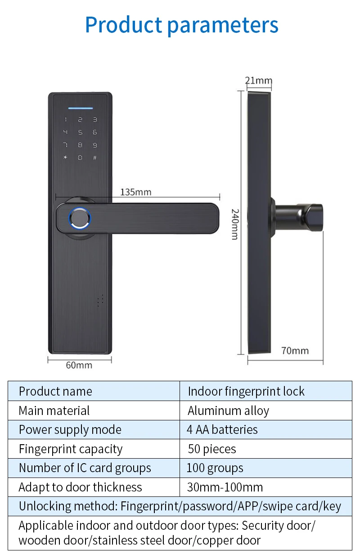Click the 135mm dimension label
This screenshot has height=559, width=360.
135,192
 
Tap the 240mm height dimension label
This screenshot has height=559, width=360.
235,224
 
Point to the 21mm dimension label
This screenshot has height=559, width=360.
259,81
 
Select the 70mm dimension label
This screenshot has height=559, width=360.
295,351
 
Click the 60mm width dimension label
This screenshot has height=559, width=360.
79,365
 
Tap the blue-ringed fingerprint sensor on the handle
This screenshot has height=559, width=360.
80,218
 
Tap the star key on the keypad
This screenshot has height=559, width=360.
65,158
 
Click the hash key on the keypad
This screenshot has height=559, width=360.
95,158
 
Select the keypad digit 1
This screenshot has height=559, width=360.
65,120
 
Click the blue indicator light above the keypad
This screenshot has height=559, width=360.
80,108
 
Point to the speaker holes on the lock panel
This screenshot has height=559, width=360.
100,301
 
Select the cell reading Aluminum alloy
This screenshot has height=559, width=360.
228,411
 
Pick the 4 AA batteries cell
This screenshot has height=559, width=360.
222,430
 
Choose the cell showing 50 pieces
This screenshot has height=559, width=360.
212,449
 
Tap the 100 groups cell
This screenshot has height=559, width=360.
215,468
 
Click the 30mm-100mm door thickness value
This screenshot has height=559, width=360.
225,487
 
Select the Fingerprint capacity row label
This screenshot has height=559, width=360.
71,449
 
